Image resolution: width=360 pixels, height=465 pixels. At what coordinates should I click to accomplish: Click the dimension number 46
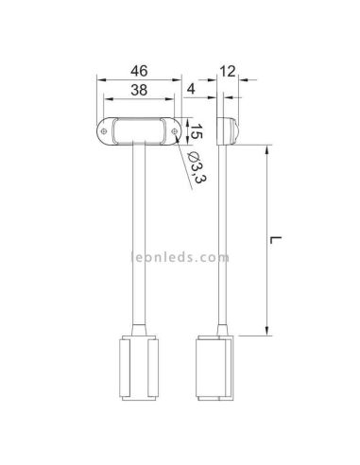136,70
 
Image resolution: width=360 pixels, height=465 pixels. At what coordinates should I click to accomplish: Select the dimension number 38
136,90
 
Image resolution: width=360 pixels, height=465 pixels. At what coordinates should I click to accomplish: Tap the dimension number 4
193,90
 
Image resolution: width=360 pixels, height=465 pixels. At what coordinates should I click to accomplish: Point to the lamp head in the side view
226,129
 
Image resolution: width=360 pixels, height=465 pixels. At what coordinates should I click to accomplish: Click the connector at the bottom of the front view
138,370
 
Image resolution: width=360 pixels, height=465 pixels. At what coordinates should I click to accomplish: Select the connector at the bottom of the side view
214,370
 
